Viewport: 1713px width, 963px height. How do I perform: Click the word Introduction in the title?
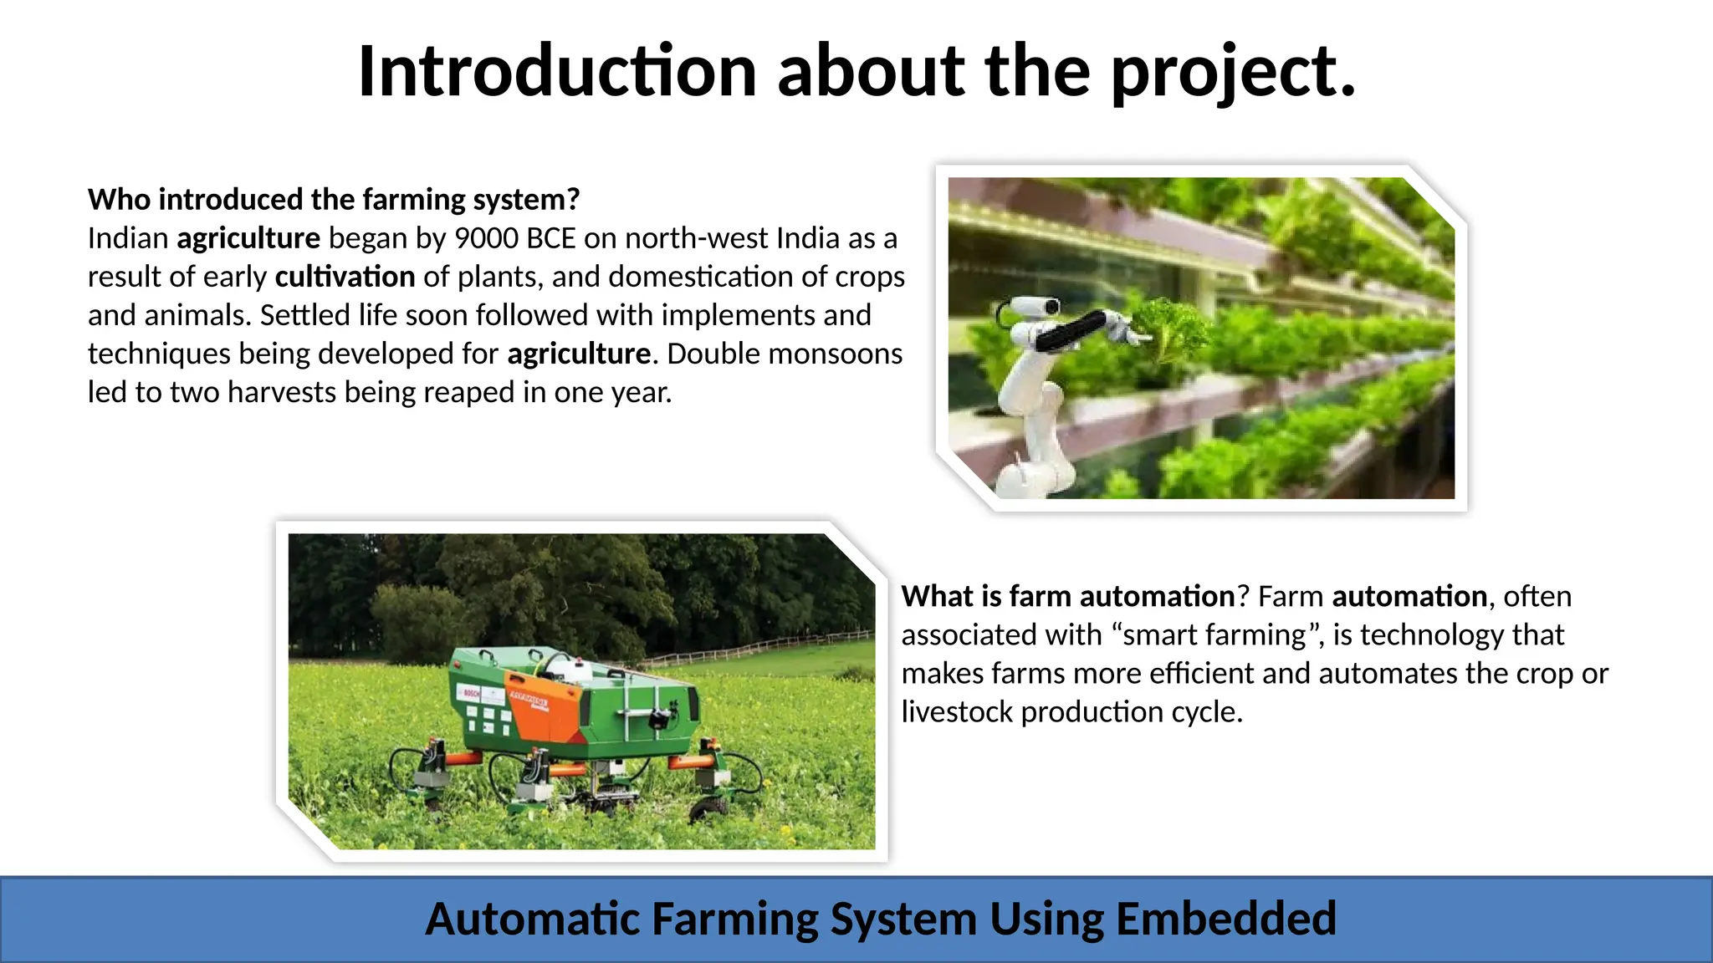pos(557,72)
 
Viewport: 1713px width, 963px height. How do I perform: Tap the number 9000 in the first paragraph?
pos(486,239)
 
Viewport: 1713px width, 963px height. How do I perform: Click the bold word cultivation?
pos(345,278)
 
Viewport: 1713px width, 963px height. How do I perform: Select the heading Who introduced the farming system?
pos(333,200)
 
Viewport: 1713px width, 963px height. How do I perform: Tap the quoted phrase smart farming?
pos(1214,635)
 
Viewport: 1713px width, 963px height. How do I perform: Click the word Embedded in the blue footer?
pos(1225,920)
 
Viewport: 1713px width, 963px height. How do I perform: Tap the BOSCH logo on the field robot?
pos(469,693)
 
